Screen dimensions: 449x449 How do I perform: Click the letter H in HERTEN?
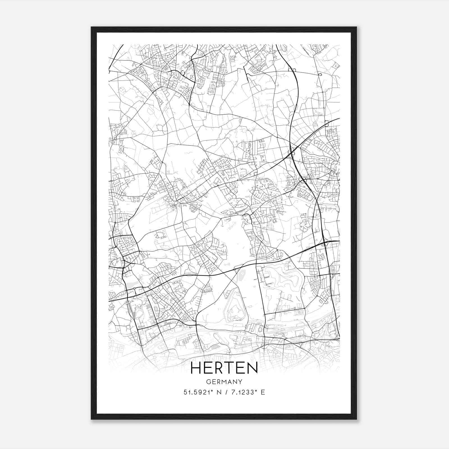pos(196,368)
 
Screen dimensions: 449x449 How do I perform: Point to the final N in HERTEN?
pos(252,368)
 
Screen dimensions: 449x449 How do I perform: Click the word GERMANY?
pos(224,382)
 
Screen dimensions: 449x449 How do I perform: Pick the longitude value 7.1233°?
pos(242,392)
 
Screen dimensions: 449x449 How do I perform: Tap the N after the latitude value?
pos(219,392)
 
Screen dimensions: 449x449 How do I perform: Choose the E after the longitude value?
pos(263,392)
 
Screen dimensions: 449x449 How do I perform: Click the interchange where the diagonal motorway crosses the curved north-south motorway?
pos(292,152)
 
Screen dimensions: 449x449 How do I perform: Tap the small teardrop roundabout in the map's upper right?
pos(320,75)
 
